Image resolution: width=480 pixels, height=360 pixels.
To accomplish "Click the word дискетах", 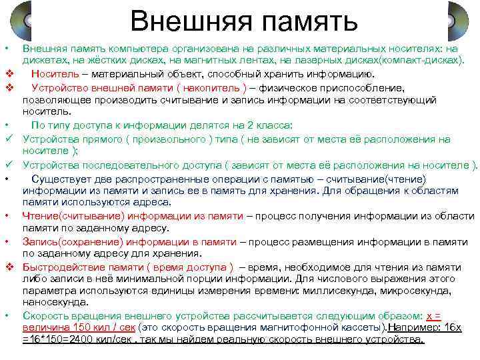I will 44,61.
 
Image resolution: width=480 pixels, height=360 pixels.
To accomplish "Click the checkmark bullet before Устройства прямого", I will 9,139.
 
